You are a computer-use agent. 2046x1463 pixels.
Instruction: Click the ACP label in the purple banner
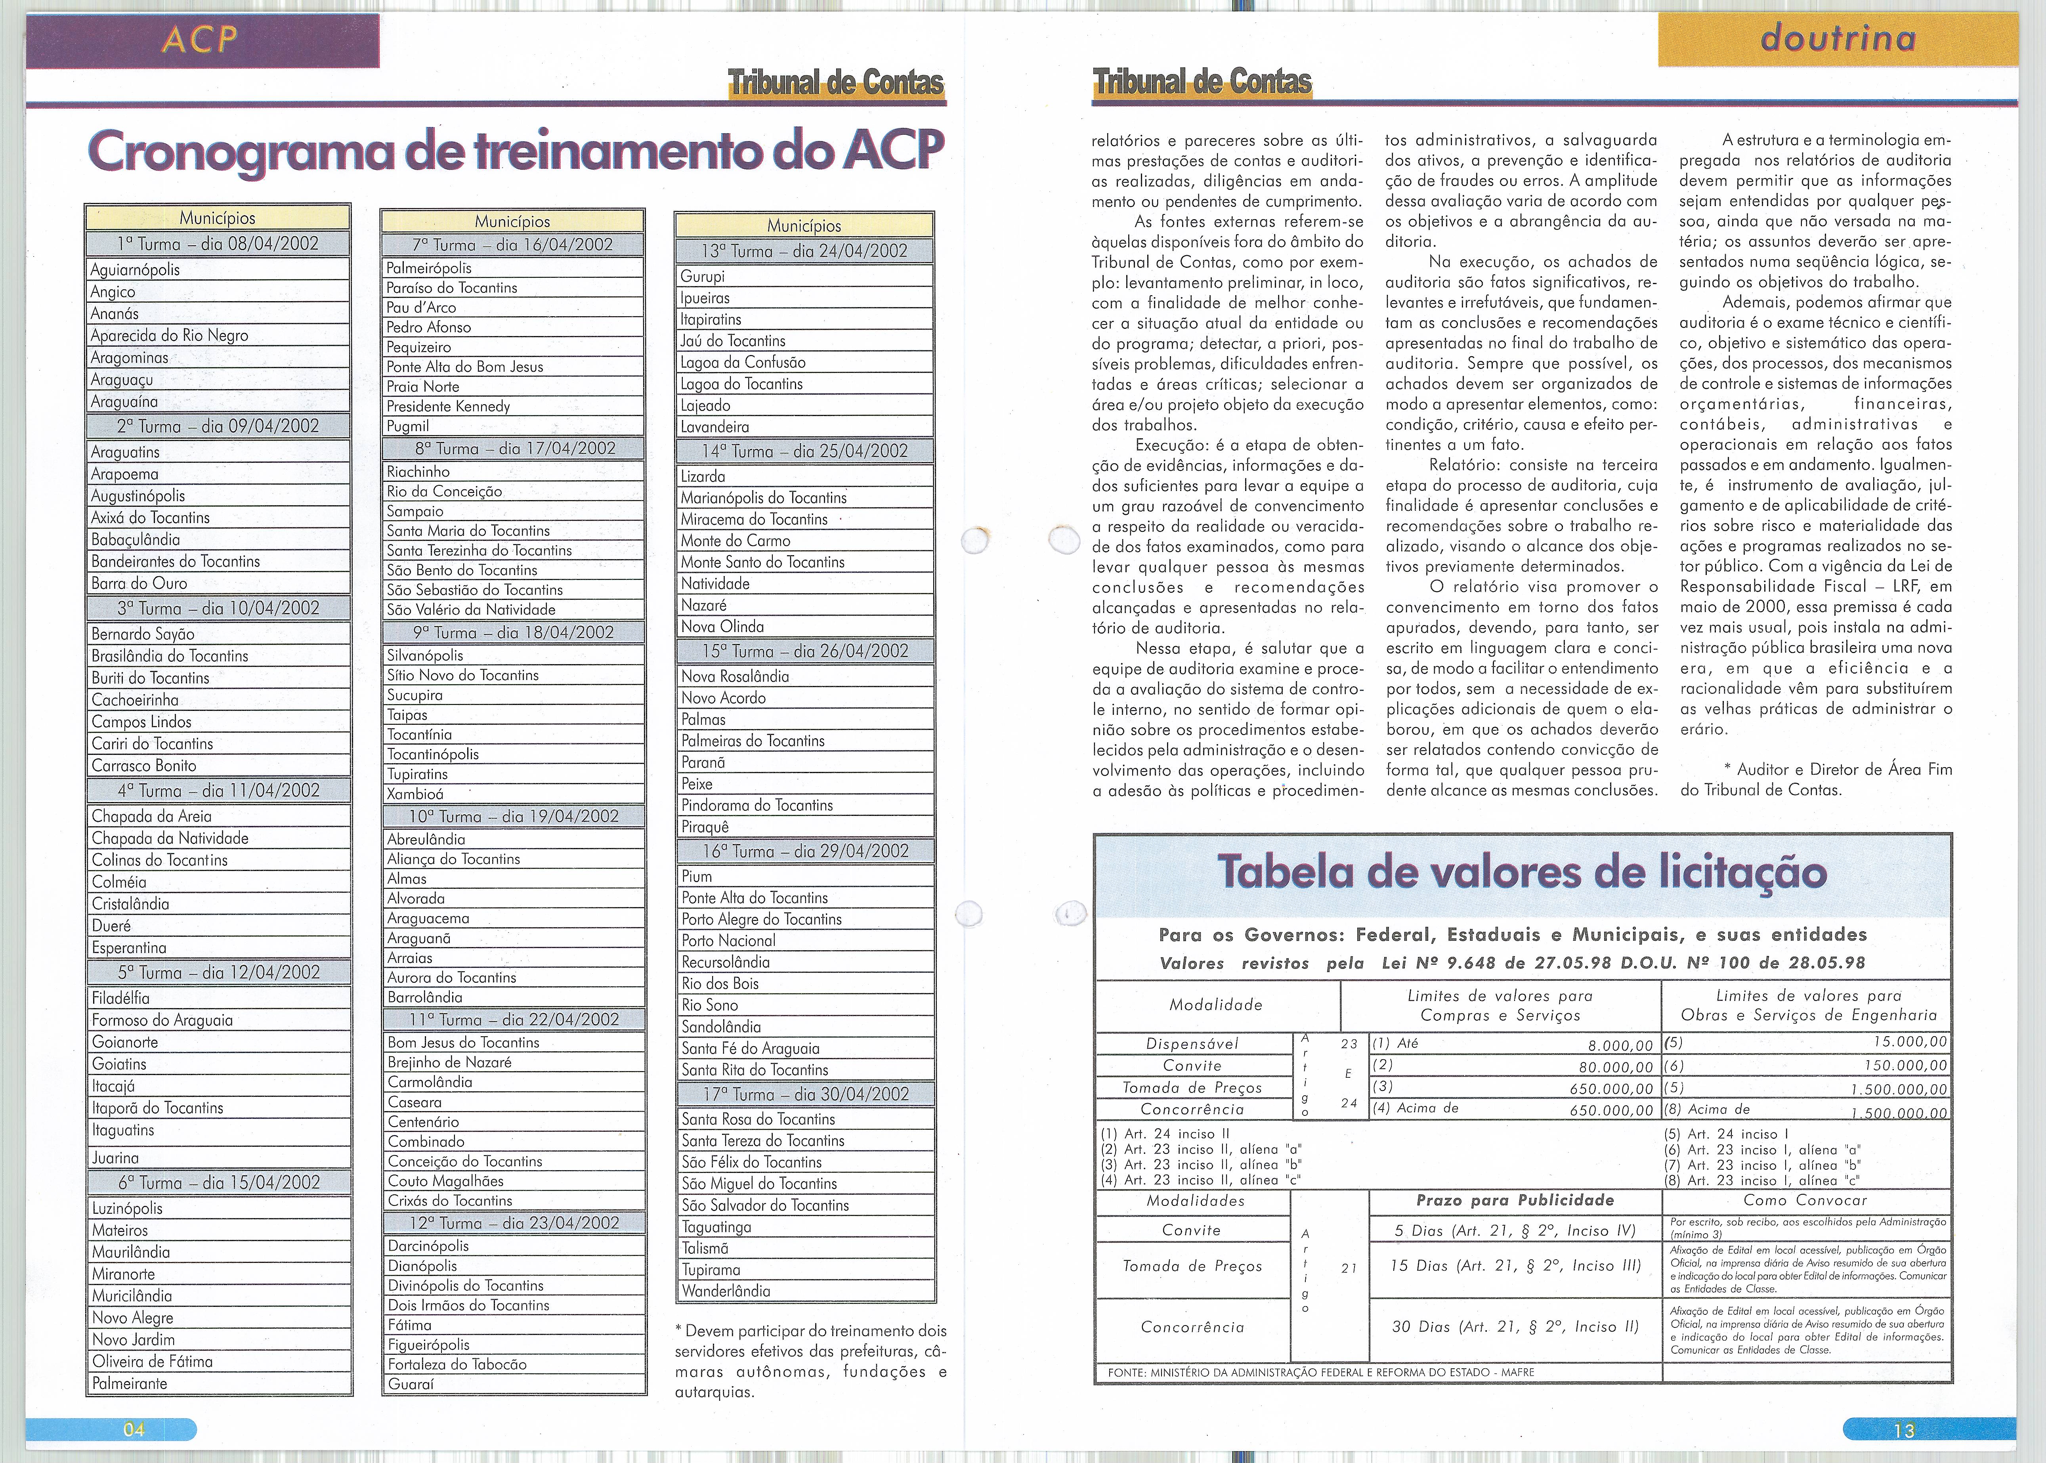point(200,40)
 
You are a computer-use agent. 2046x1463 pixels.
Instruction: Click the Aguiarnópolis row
point(135,269)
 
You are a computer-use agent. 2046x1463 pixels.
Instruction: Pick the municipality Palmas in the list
point(704,719)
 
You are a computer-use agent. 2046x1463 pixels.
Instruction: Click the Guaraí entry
point(411,1384)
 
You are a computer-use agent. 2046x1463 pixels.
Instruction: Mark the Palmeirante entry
point(130,1383)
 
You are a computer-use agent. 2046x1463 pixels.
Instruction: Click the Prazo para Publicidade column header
point(1515,1200)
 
